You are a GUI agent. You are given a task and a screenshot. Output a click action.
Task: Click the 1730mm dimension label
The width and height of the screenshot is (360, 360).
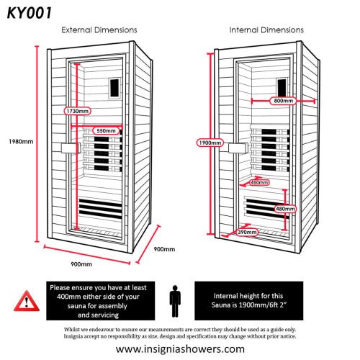coord(76,112)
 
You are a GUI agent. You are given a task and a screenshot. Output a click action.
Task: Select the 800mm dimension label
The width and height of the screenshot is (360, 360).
coord(282,102)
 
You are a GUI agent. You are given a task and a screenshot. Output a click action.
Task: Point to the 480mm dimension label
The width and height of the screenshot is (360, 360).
coord(285,209)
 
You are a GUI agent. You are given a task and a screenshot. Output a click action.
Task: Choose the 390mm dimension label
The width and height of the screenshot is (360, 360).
coord(248,232)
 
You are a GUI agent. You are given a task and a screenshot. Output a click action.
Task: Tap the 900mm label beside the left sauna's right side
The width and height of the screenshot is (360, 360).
coord(164,249)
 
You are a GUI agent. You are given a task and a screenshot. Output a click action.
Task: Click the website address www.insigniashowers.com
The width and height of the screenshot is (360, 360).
coord(180,348)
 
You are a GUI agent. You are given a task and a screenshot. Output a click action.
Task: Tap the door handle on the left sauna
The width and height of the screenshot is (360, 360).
coord(70,147)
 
